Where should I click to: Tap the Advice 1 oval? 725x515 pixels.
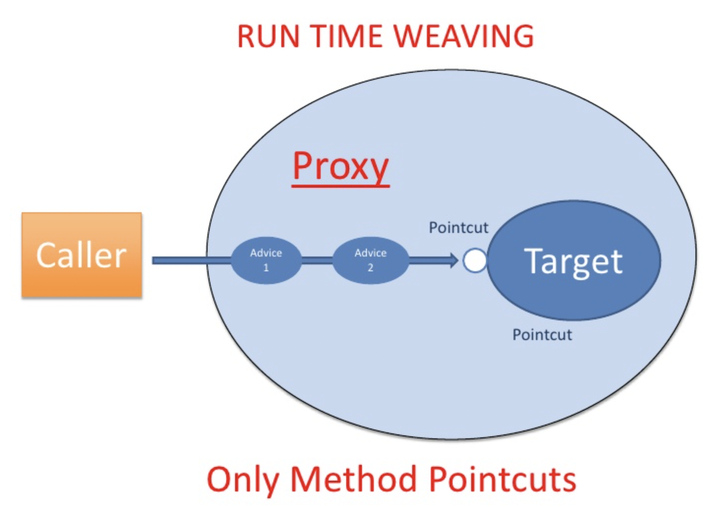tap(266, 260)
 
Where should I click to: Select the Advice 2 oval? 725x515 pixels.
tap(370, 260)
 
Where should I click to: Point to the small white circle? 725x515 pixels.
tap(475, 260)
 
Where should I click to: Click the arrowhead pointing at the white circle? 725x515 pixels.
tap(453, 260)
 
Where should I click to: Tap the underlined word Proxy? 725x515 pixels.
tap(340, 167)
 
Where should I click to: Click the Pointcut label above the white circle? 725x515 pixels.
tap(458, 228)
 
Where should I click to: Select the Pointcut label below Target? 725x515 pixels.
tap(542, 335)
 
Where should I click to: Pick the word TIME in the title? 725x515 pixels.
tap(346, 36)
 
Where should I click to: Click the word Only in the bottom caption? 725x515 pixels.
tap(242, 480)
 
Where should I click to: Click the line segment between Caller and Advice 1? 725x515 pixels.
tap(187, 260)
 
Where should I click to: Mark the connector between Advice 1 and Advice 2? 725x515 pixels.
tap(317, 260)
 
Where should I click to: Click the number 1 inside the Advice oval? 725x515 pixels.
tap(266, 268)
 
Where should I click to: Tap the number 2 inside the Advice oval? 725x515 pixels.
tap(370, 268)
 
